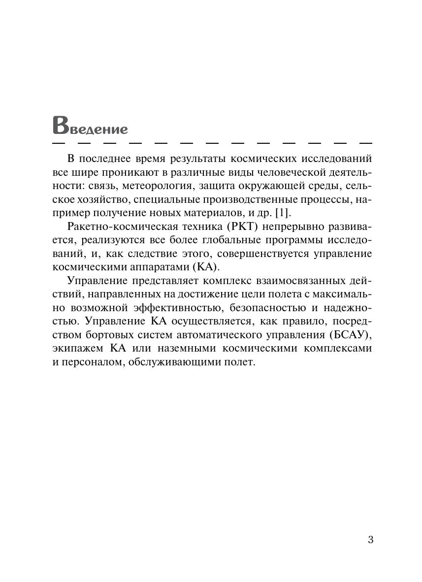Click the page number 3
(370, 540)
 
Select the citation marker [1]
(283, 213)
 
